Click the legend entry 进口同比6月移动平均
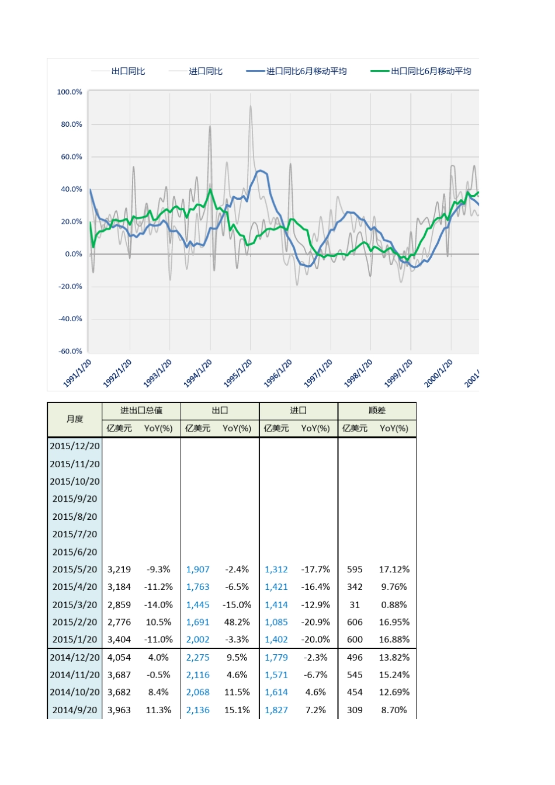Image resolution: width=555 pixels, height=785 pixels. click(x=306, y=71)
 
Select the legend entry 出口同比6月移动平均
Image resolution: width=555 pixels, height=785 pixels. click(x=431, y=71)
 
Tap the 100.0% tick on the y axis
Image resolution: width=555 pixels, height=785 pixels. click(x=70, y=92)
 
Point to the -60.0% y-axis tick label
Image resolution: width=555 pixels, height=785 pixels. click(x=70, y=351)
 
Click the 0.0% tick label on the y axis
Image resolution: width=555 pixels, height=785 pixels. click(x=74, y=254)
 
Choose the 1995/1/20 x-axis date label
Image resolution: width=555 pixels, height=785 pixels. click(x=238, y=373)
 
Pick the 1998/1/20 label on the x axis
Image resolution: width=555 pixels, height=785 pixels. click(x=359, y=373)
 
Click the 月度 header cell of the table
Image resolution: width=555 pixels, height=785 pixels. click(x=75, y=419)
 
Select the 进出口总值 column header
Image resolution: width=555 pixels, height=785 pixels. click(x=141, y=411)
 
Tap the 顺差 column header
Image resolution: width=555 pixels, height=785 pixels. click(x=377, y=411)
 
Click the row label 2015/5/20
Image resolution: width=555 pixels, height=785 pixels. click(x=75, y=569)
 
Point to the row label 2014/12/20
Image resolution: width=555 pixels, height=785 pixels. click(x=75, y=657)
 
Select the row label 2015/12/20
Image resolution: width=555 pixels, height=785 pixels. click(x=75, y=446)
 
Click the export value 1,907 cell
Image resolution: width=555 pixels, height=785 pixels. click(x=198, y=569)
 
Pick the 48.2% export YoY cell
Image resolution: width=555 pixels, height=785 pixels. click(x=237, y=622)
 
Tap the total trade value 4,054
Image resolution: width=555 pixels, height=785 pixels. click(x=119, y=657)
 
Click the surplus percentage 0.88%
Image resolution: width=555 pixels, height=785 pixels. click(x=394, y=605)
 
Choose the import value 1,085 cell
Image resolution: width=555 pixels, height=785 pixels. click(x=276, y=622)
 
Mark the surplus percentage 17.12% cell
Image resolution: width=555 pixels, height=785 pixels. click(x=394, y=569)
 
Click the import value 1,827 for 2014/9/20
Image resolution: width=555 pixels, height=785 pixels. click(x=276, y=710)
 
